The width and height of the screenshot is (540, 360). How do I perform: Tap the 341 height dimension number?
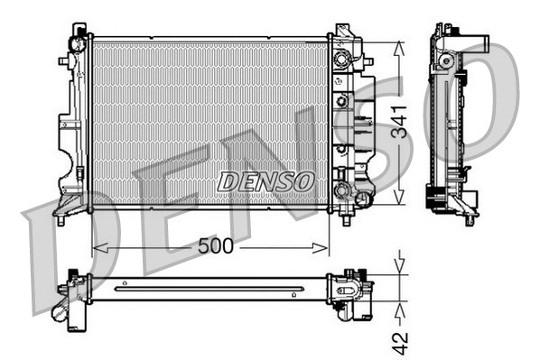tap(401, 121)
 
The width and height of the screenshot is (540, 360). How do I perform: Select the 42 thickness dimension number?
tap(401, 341)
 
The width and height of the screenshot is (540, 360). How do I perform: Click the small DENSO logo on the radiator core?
tap(266, 180)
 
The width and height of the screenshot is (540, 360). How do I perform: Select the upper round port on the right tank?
tap(341, 60)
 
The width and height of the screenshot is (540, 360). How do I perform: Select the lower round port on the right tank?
tap(341, 189)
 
